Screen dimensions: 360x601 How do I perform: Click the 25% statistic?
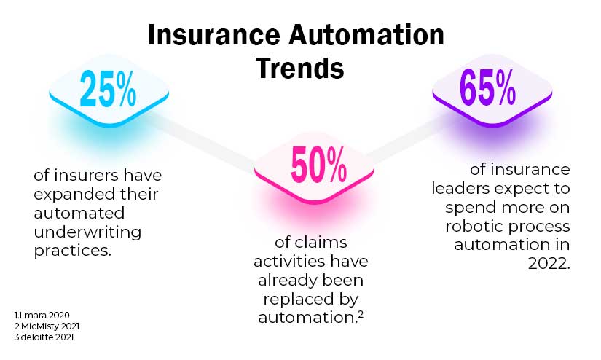[x=108, y=89]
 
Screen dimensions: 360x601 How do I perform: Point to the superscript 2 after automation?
[x=359, y=313]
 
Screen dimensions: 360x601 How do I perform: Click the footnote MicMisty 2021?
[x=47, y=326]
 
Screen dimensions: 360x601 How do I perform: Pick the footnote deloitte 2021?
[x=44, y=337]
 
